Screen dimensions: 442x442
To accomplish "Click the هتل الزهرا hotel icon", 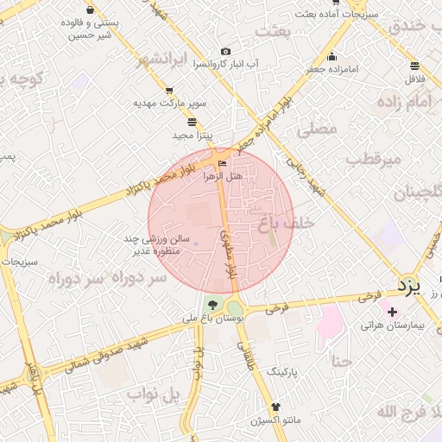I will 224,163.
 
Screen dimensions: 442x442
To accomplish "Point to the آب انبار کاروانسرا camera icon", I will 226,52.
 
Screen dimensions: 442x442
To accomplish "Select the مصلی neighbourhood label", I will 317,129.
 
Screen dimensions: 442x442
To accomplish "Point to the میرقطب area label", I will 374,159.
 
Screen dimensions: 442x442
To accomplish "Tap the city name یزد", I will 407,286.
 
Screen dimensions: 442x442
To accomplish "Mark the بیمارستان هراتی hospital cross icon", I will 393,312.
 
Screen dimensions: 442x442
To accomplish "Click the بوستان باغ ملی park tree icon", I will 212,304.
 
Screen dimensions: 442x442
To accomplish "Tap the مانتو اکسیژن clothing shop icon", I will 275,407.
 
